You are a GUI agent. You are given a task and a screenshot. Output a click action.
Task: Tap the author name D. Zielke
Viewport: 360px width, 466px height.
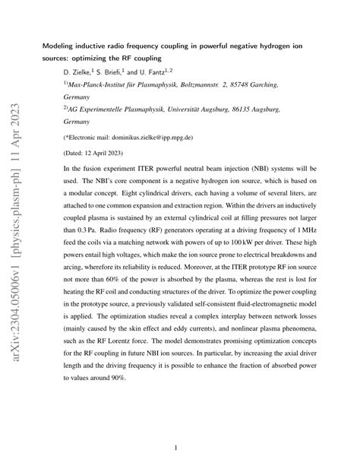click(x=78, y=71)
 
